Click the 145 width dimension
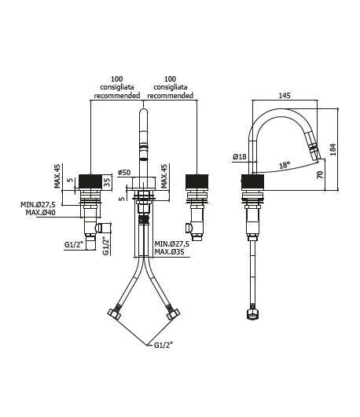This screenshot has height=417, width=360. [x=285, y=95]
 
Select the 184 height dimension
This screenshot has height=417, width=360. [x=332, y=149]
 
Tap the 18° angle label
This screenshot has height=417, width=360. [x=285, y=165]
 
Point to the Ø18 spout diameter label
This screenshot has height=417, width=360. [x=240, y=156]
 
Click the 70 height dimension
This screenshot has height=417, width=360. [x=320, y=174]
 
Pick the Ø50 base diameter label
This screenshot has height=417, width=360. [x=124, y=172]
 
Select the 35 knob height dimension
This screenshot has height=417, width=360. [x=107, y=182]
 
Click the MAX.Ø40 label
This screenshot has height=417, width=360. [x=40, y=213]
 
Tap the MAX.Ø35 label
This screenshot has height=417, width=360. [x=169, y=251]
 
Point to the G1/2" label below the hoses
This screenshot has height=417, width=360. [x=163, y=345]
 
